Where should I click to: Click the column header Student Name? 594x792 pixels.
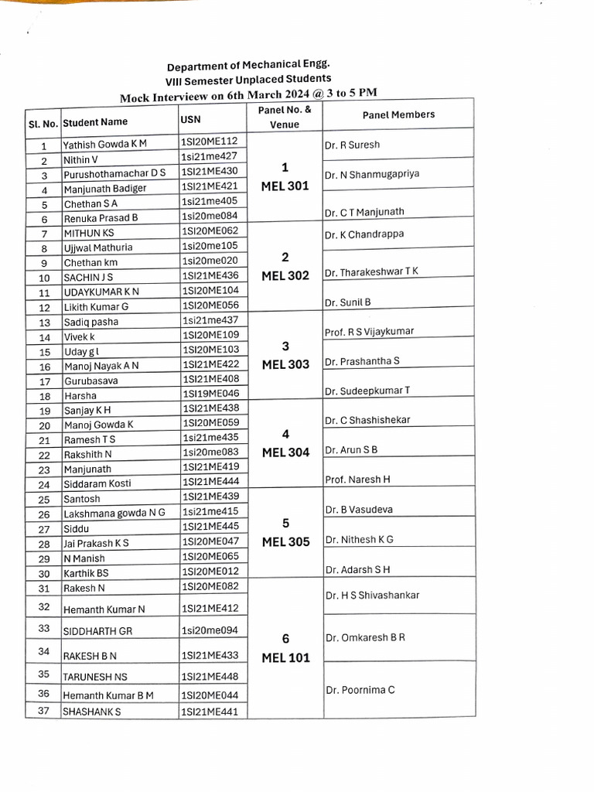[x=95, y=122]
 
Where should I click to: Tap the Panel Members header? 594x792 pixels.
[x=398, y=114]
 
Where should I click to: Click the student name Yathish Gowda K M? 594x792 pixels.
[x=104, y=145]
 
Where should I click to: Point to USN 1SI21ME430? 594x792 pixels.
[x=209, y=171]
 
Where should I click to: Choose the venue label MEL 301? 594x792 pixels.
[x=285, y=186]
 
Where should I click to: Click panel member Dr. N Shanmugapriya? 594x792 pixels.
[x=372, y=174]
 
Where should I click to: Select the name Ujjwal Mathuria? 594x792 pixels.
[x=97, y=248]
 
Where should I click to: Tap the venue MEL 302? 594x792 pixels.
[x=285, y=275]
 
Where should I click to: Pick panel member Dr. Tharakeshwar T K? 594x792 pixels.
[x=371, y=272]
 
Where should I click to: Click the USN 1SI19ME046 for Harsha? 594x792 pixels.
[x=210, y=394]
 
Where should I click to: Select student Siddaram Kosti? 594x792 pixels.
[x=97, y=484]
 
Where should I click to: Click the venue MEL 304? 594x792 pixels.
[x=285, y=452]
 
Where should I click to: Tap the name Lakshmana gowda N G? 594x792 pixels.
[x=114, y=514]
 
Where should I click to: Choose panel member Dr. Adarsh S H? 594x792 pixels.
[x=357, y=570]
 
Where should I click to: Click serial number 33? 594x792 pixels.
[x=44, y=628]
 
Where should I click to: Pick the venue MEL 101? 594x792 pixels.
[x=285, y=658]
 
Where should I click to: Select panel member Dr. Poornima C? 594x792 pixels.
[x=360, y=690]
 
